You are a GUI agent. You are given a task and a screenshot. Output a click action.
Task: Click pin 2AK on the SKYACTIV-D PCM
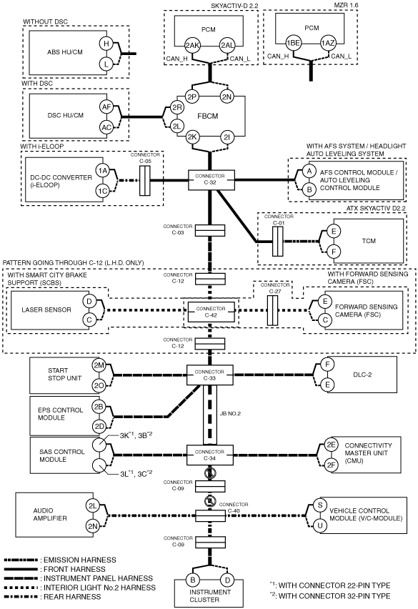(192, 46)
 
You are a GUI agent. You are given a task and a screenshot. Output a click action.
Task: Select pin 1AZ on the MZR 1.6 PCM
(327, 43)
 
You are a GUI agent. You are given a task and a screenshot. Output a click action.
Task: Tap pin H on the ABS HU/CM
(106, 44)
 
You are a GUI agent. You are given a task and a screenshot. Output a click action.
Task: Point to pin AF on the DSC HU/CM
(106, 107)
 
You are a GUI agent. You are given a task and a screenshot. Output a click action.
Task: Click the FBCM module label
(208, 116)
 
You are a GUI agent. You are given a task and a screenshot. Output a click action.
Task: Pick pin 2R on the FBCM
(177, 108)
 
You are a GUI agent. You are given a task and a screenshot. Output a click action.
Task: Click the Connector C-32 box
(212, 179)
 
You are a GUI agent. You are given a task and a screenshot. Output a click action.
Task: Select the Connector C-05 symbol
(144, 181)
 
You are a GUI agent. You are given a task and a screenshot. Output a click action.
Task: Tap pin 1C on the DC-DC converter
(102, 190)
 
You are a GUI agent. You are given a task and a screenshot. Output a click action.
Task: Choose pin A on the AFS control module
(309, 171)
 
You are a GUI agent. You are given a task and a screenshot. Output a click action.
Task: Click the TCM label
(369, 241)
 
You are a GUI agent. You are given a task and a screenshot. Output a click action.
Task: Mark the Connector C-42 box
(211, 312)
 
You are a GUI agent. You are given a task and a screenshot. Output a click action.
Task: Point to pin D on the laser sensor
(89, 301)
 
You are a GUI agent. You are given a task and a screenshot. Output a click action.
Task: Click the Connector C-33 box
(210, 375)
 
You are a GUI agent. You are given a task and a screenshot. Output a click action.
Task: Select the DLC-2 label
(362, 375)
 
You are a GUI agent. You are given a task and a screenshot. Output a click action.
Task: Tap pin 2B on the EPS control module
(99, 407)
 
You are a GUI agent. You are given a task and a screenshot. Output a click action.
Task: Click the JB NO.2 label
(230, 414)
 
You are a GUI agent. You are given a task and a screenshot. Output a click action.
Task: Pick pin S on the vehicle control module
(320, 505)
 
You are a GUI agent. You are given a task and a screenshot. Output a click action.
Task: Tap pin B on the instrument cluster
(192, 580)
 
